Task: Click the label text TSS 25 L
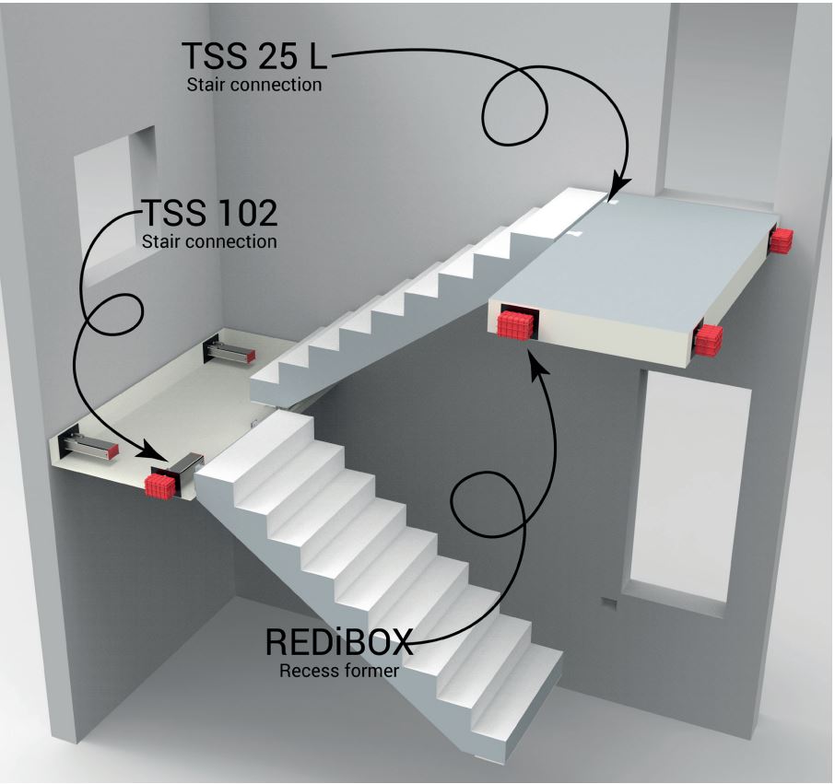point(254,55)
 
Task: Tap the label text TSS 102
point(209,213)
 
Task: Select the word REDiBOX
point(339,642)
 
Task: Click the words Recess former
point(339,671)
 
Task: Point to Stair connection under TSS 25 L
point(254,85)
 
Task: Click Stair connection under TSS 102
point(209,241)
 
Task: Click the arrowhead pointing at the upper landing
point(617,187)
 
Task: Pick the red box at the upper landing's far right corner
point(780,240)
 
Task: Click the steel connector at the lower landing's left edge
point(88,443)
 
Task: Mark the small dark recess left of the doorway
point(609,603)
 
